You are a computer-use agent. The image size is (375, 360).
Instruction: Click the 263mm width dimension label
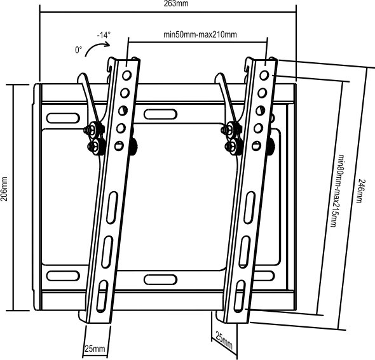[176, 3]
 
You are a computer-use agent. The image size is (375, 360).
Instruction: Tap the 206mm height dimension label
[4, 189]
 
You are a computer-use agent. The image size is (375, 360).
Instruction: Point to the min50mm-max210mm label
[200, 34]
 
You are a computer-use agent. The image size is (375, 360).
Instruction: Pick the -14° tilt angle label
[104, 35]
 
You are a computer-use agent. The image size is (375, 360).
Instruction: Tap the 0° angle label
[78, 50]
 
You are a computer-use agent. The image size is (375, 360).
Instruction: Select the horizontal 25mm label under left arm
[95, 349]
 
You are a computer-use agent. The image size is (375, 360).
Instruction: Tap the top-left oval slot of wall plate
[63, 118]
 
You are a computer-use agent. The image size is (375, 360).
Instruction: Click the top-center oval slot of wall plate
[160, 114]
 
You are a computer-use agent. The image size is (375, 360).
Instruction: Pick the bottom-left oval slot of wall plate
[63, 276]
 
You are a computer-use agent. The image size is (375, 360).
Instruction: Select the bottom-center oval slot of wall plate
[160, 279]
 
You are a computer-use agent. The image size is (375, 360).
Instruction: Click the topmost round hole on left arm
[126, 76]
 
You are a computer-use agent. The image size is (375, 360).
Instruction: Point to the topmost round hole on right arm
[264, 76]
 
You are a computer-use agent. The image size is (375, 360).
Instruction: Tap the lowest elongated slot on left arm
[102, 296]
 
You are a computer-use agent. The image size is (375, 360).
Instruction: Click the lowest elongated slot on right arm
[240, 296]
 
